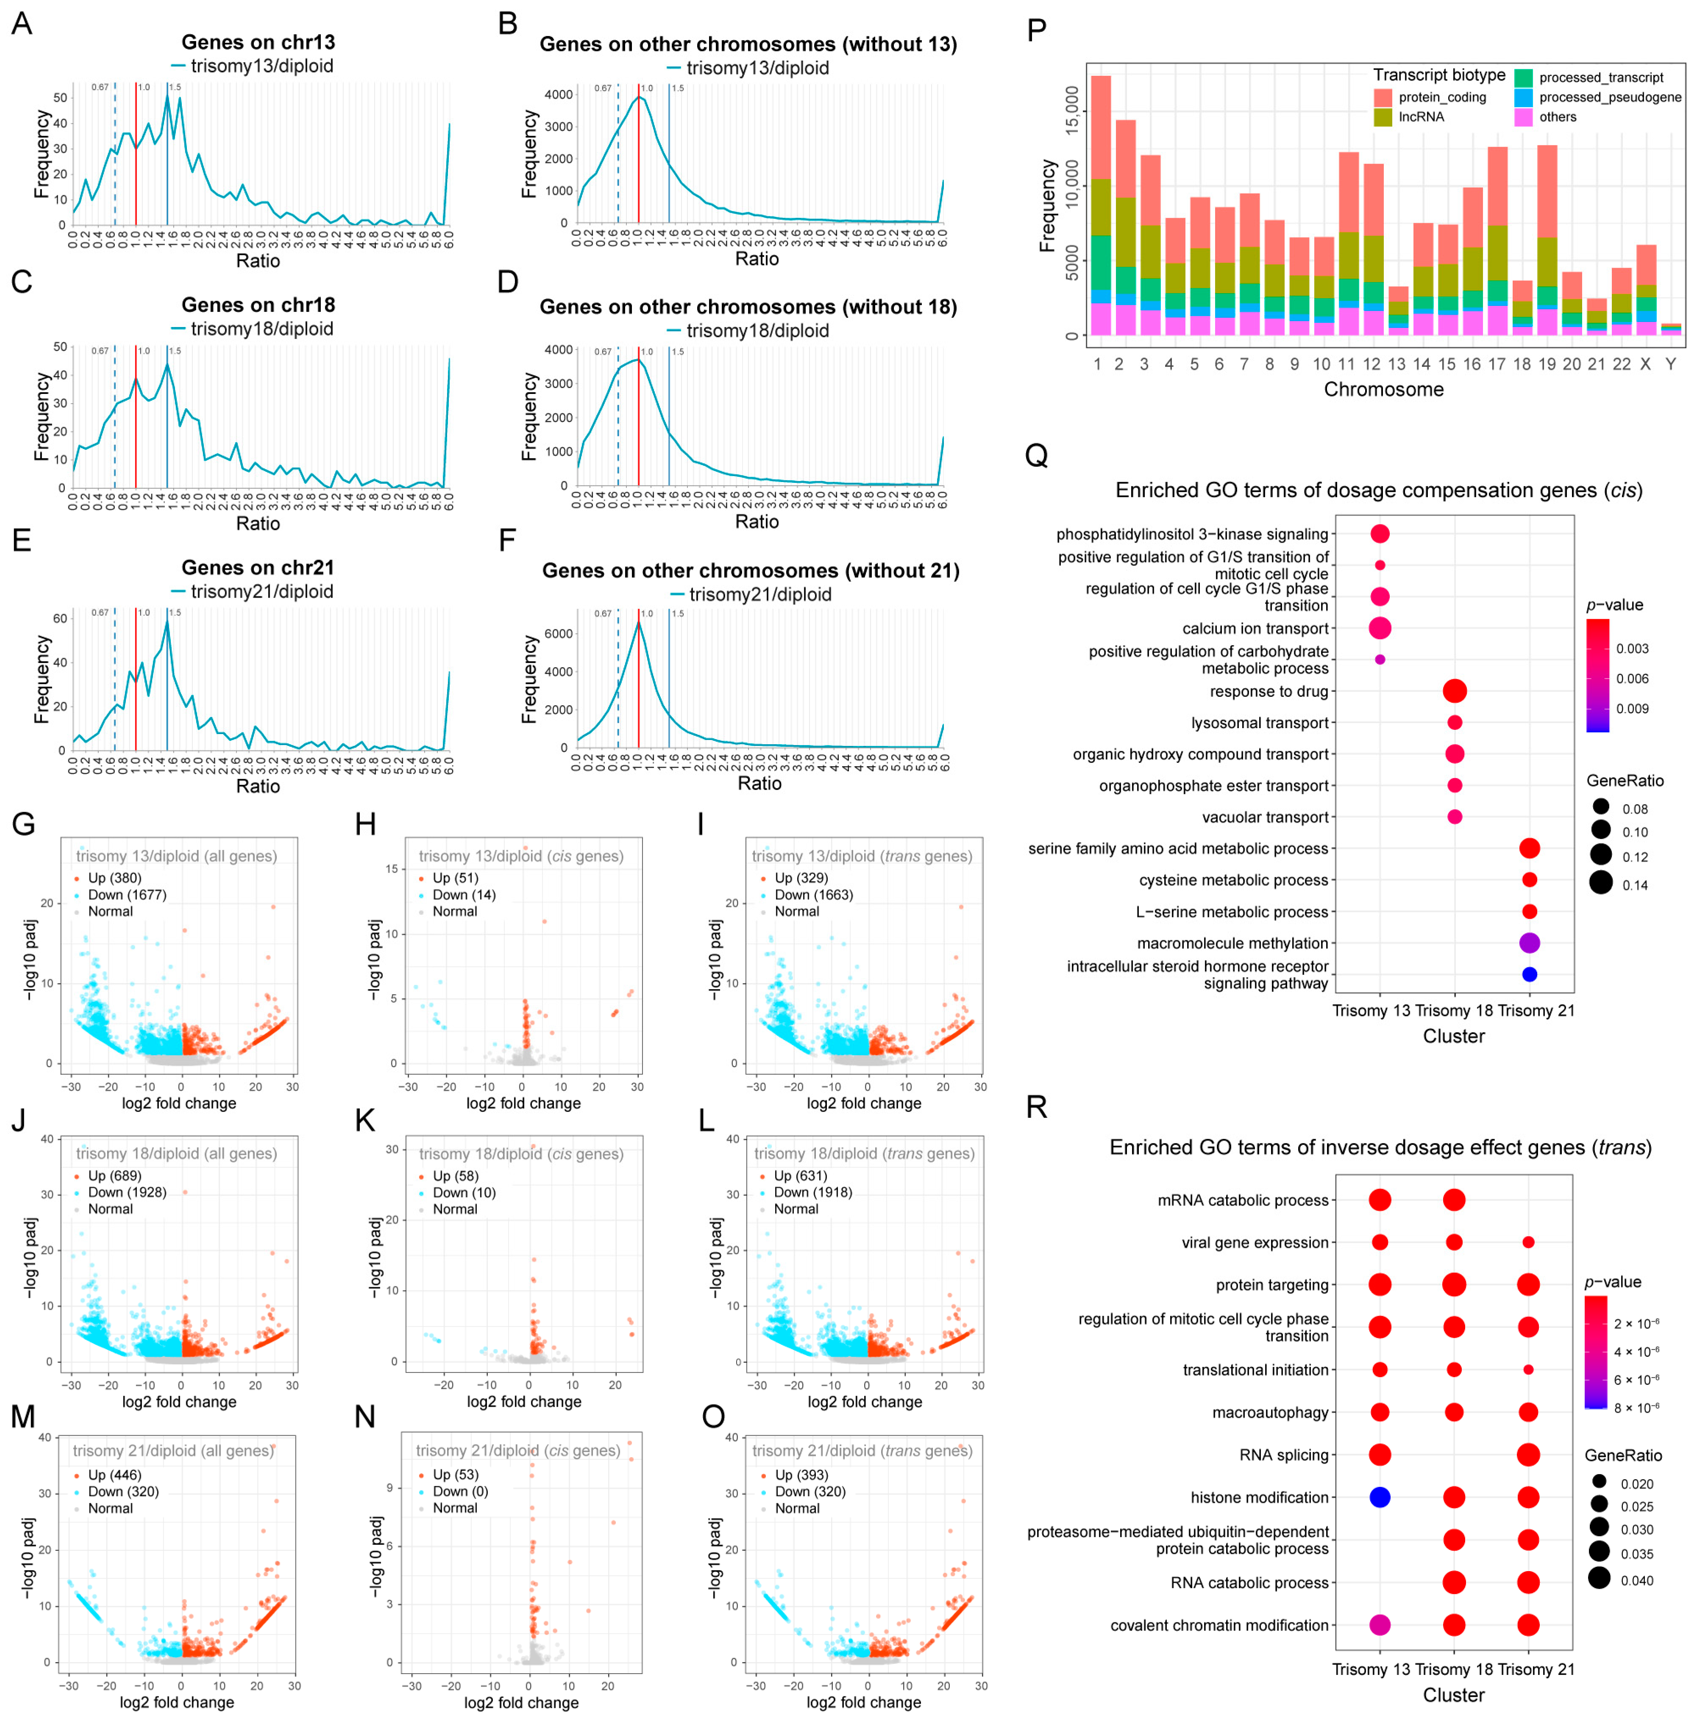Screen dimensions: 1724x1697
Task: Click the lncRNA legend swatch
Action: click(x=1383, y=117)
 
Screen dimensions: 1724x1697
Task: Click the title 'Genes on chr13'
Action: click(x=258, y=42)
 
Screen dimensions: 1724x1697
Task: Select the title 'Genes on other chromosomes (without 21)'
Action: click(x=751, y=570)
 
